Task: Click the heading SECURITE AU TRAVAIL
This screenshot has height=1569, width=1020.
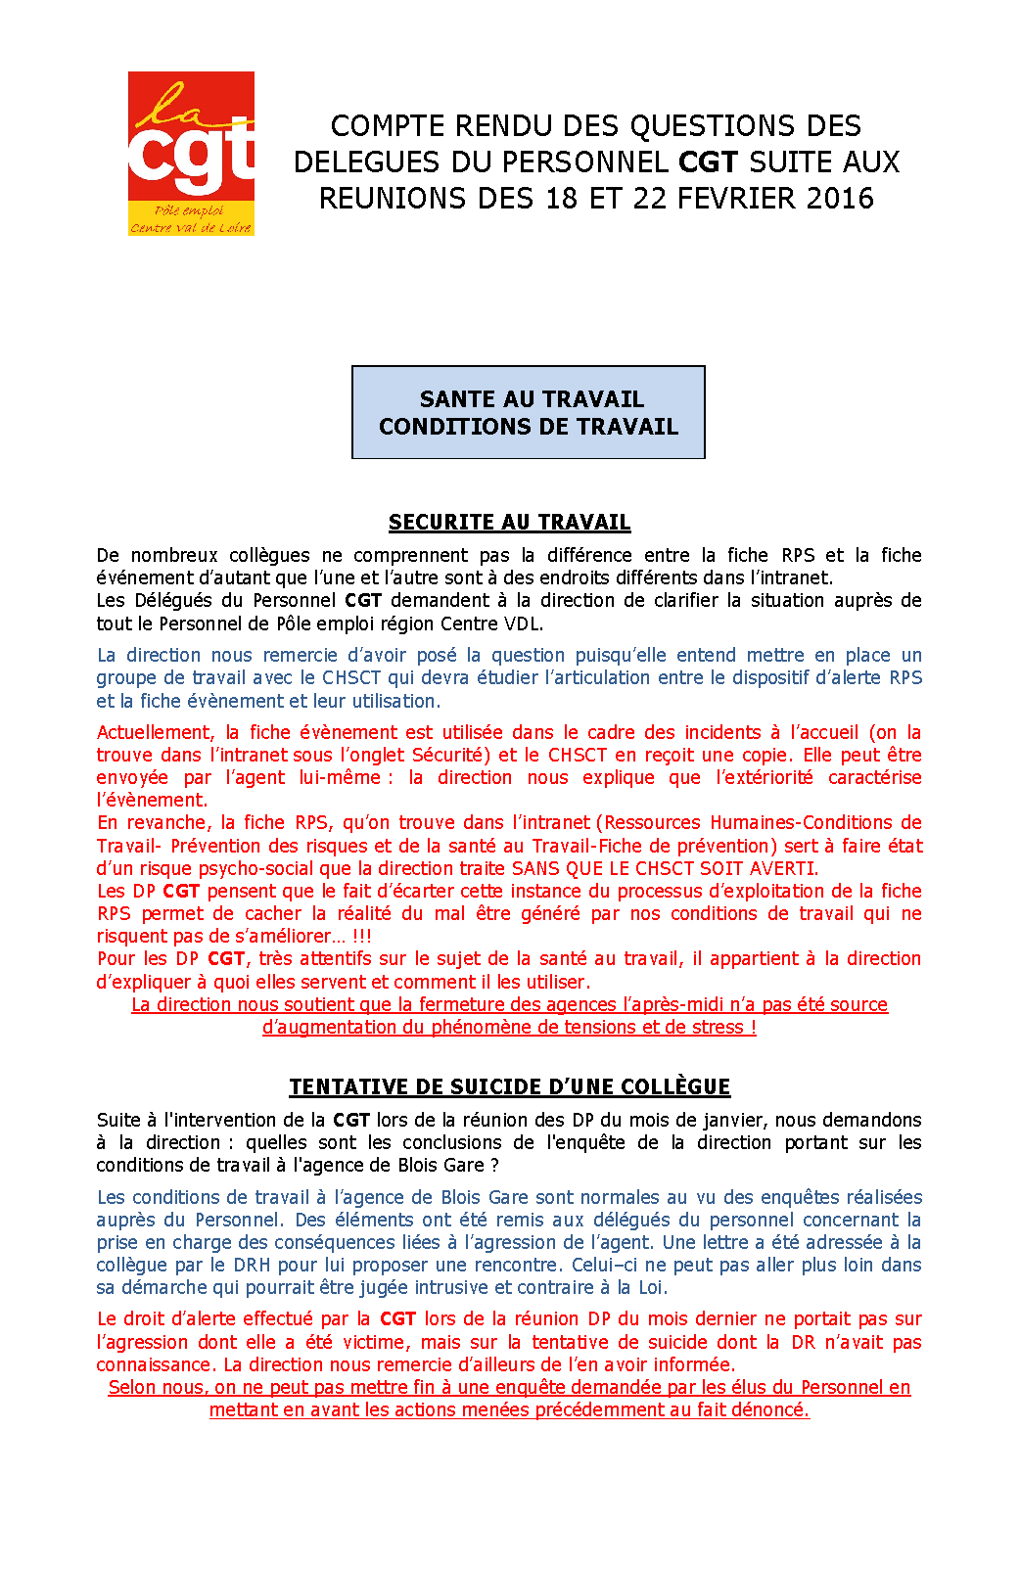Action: point(509,523)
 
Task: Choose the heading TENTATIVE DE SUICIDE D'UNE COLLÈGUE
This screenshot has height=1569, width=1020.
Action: point(509,1087)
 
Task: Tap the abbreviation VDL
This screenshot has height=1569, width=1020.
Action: point(521,623)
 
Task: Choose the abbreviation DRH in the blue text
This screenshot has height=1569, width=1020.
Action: point(252,1265)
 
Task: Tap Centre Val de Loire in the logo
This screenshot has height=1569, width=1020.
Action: point(191,228)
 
